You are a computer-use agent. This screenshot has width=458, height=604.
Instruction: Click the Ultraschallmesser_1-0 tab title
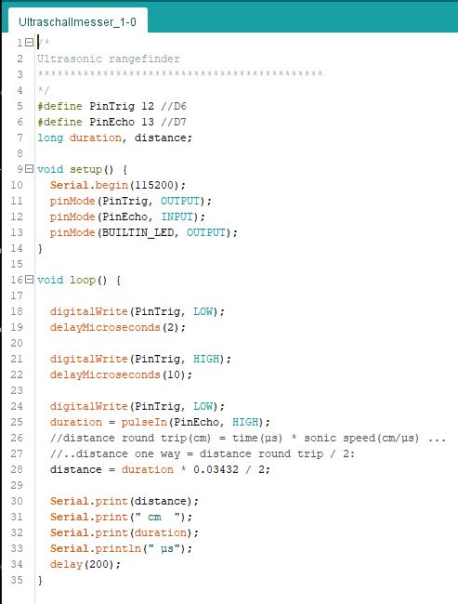click(x=77, y=22)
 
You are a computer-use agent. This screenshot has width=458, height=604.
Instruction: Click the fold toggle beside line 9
click(x=29, y=169)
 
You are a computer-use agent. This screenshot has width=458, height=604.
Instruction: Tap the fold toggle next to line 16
click(x=29, y=280)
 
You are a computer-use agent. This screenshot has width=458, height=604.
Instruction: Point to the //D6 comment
click(x=174, y=106)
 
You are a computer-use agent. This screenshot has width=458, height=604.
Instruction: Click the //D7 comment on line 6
click(x=174, y=122)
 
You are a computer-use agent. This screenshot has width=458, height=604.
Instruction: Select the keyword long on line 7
click(x=50, y=138)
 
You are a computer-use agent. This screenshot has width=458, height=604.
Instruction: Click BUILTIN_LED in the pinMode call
click(x=137, y=232)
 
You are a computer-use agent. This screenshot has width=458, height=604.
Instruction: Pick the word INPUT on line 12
click(x=177, y=217)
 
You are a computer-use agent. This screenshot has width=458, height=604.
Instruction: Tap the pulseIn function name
click(x=144, y=422)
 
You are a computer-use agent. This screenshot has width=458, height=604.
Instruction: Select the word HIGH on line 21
click(x=206, y=359)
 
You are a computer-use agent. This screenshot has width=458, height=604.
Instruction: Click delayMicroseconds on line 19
click(x=105, y=327)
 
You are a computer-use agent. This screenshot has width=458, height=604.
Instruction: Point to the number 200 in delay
click(x=101, y=564)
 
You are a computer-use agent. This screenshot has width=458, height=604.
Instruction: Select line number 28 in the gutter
click(x=17, y=469)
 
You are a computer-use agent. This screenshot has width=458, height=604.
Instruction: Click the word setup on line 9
click(x=85, y=169)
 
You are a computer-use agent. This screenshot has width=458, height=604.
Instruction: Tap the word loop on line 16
click(x=83, y=280)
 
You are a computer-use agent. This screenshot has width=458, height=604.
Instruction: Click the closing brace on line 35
click(x=40, y=580)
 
